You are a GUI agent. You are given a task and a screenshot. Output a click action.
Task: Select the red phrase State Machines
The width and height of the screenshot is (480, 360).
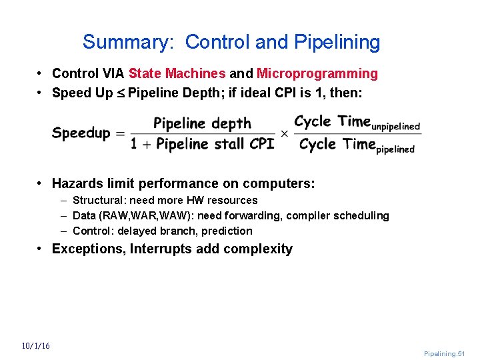click(x=177, y=73)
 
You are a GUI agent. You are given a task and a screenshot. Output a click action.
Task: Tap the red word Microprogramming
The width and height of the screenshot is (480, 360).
click(x=317, y=73)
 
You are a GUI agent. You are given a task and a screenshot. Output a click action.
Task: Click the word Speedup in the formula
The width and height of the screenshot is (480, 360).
click(x=81, y=133)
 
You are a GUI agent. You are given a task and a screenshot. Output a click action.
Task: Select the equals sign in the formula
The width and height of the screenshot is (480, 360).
click(x=121, y=134)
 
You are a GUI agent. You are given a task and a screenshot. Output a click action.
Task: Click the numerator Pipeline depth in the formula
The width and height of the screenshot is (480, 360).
click(x=202, y=123)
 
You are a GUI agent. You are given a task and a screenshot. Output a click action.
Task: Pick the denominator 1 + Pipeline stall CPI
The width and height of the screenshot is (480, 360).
click(x=203, y=144)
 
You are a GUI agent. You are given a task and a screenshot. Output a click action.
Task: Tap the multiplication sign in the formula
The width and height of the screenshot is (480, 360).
click(x=284, y=133)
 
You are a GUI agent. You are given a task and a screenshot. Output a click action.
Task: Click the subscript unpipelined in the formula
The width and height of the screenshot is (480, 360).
click(x=396, y=127)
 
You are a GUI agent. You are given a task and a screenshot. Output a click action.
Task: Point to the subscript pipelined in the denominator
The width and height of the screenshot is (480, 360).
click(x=395, y=149)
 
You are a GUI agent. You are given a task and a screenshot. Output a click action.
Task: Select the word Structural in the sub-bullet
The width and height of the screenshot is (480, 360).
click(x=99, y=200)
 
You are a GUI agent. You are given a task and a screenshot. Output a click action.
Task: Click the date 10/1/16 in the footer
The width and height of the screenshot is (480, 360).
click(x=35, y=345)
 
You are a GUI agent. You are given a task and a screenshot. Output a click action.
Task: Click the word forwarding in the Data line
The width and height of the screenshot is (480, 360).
click(x=263, y=215)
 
